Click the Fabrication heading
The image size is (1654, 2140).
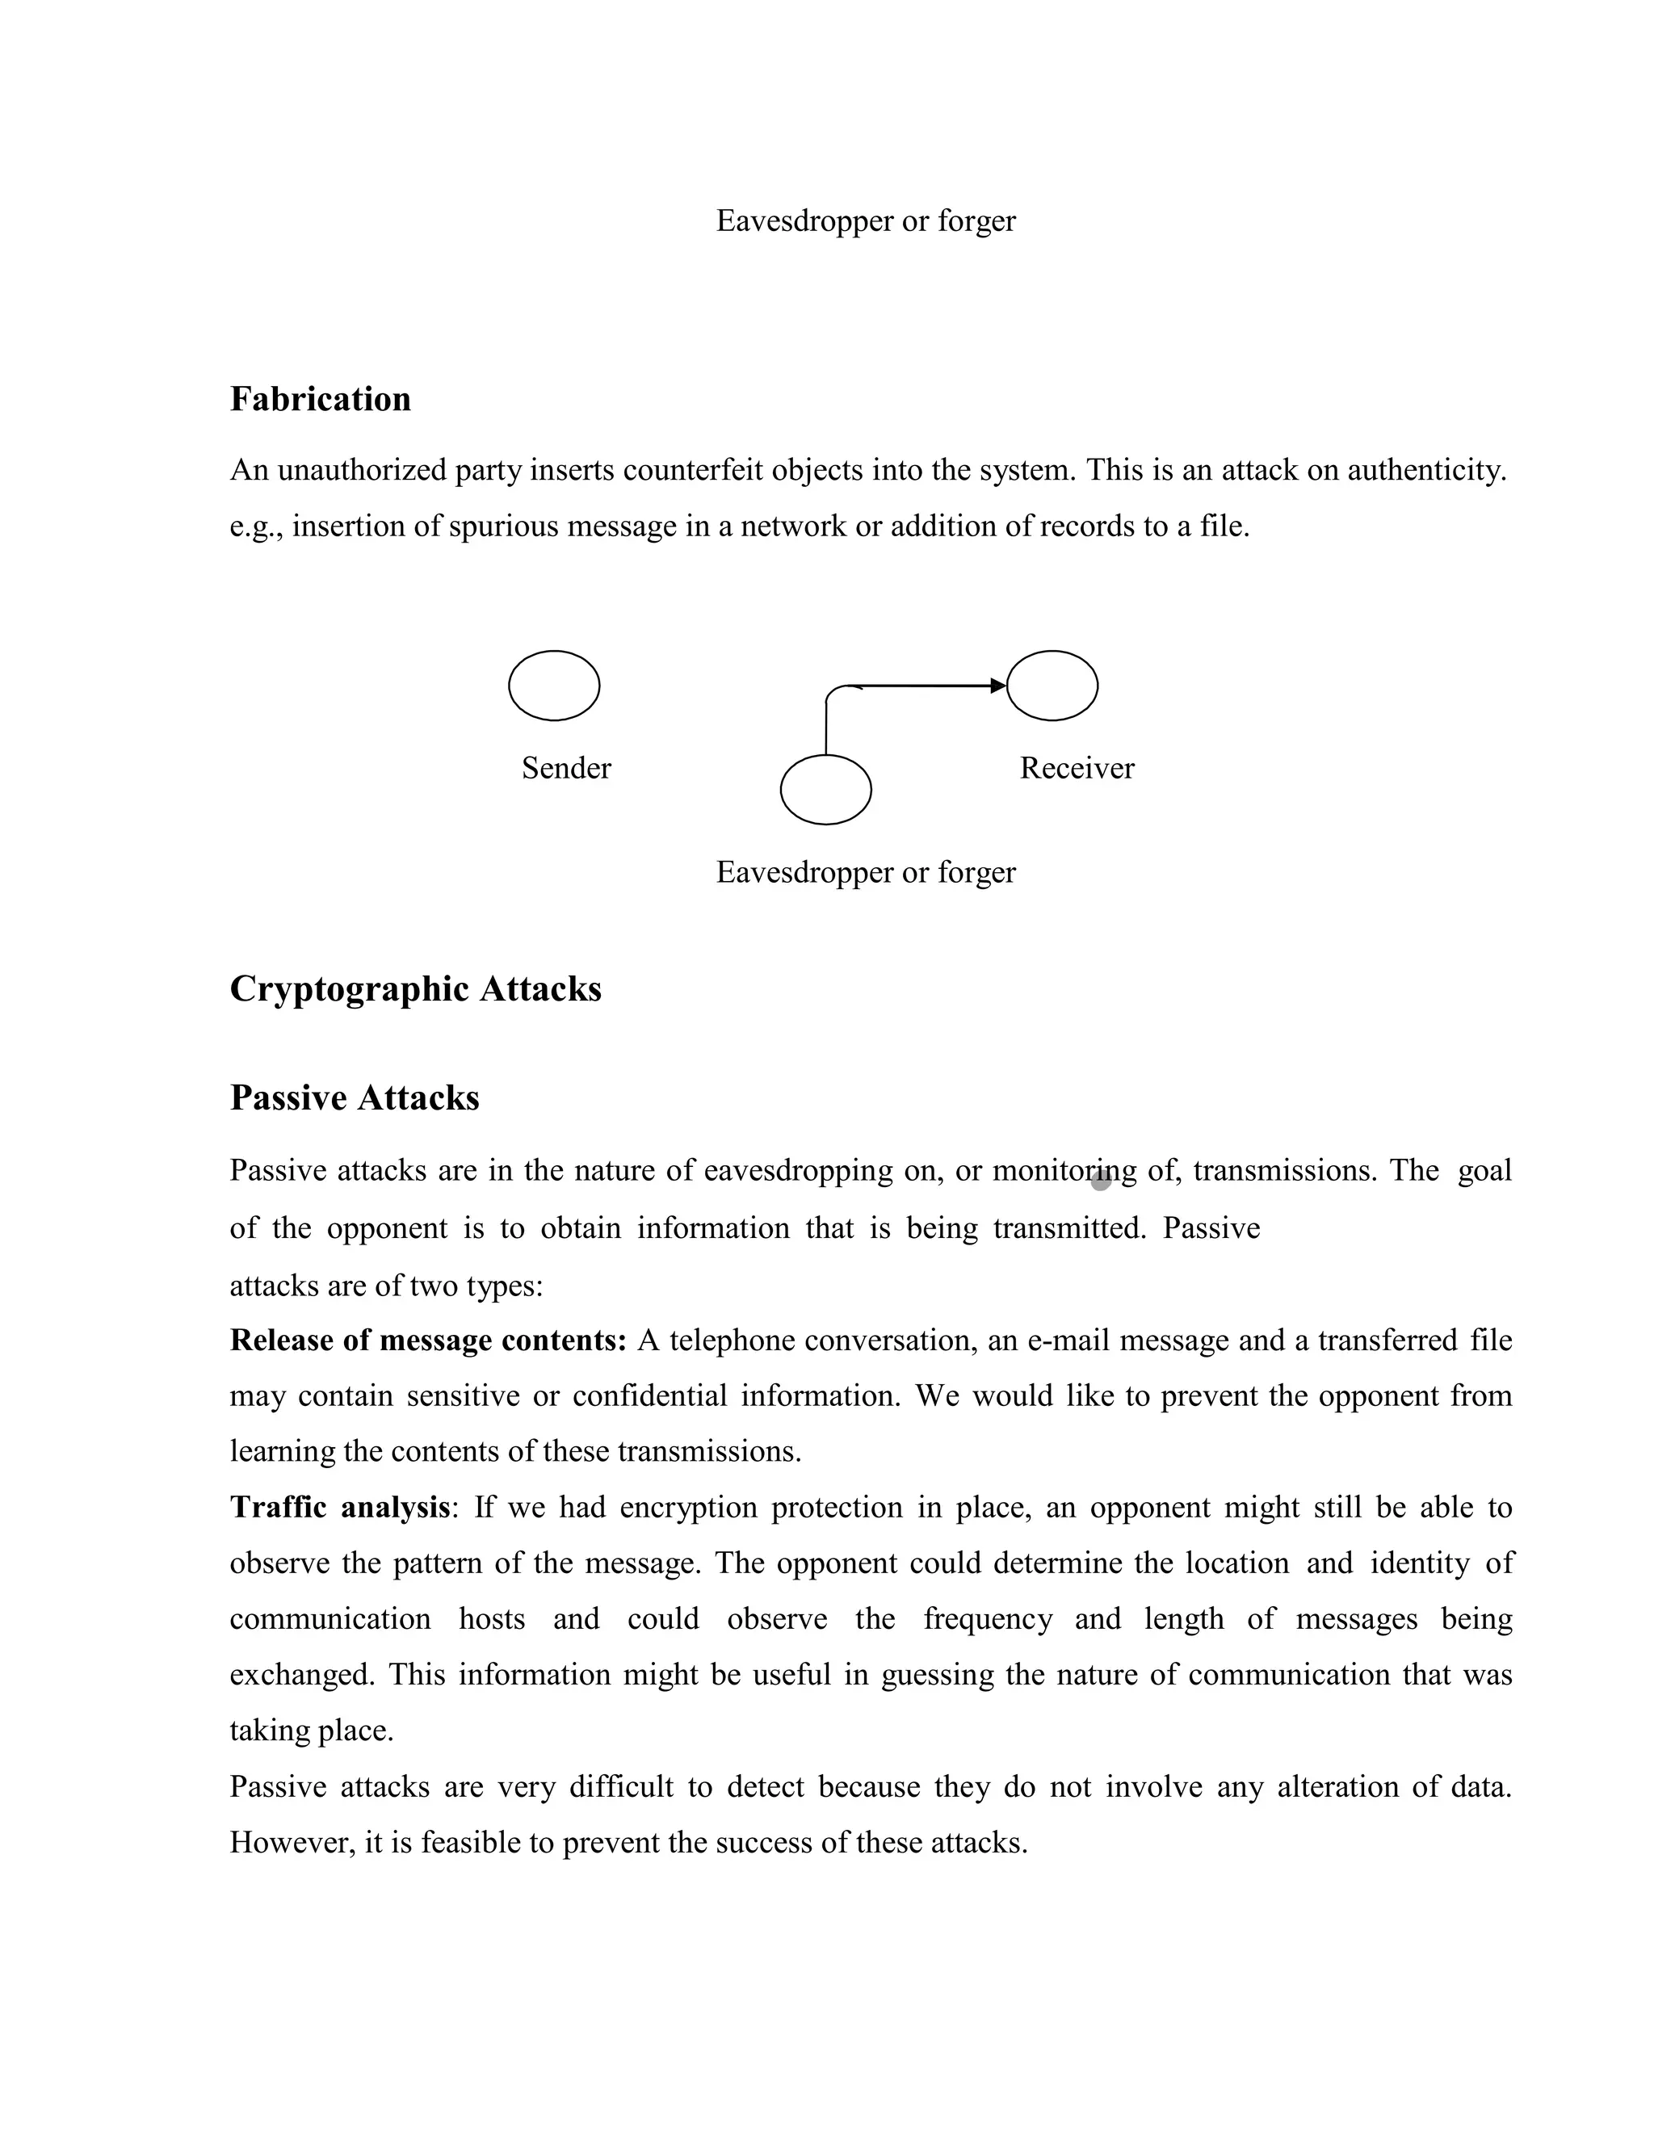(x=321, y=400)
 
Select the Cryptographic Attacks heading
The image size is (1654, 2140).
(x=415, y=988)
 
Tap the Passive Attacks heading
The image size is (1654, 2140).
(x=355, y=1097)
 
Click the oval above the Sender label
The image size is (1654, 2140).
(x=553, y=686)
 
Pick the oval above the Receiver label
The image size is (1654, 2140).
(x=1052, y=686)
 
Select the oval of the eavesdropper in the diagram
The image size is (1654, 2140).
(x=825, y=790)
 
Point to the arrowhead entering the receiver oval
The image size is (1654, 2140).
(x=998, y=686)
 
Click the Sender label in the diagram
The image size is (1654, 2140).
(x=566, y=768)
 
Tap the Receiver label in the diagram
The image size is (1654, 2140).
(x=1077, y=768)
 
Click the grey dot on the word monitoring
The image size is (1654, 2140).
(x=1101, y=1180)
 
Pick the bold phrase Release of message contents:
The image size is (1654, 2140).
(x=428, y=1341)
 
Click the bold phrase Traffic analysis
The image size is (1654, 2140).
(x=339, y=1507)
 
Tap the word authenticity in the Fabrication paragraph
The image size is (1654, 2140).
(x=1427, y=472)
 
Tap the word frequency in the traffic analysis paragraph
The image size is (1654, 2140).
(x=988, y=1618)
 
